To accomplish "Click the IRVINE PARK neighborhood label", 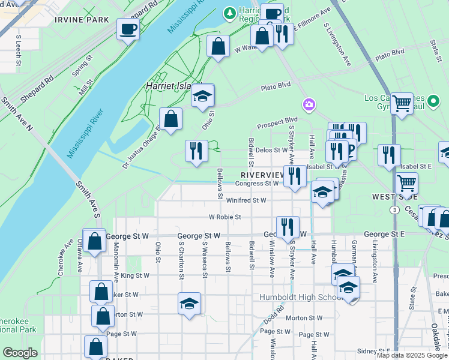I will point(82,20).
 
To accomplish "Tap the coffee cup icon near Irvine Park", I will point(128,29).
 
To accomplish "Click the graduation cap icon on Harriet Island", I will point(203,97).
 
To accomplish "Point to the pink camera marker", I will point(309,105).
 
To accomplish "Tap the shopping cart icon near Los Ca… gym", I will point(401,104).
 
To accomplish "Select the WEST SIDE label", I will point(394,196).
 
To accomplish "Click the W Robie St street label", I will point(224,217).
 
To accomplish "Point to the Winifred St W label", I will point(246,200).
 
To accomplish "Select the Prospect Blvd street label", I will point(277,126).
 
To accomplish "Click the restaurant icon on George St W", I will point(287,227).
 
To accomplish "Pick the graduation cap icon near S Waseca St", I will point(189,303).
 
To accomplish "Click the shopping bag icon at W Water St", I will point(218,46).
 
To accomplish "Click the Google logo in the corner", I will point(21,353).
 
